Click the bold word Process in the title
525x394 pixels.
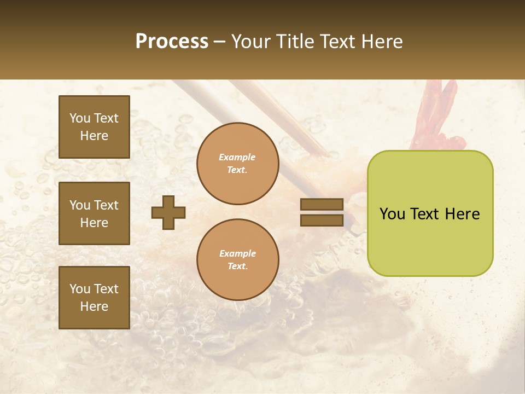[x=172, y=42]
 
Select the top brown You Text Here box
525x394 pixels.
[x=94, y=127]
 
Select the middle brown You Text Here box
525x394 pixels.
[x=94, y=213]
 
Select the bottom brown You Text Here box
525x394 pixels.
[x=94, y=297]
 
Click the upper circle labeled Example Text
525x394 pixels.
[x=237, y=164]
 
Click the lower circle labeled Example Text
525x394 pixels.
[x=237, y=260]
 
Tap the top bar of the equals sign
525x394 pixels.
[x=322, y=205]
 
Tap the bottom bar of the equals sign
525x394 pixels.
[x=322, y=221]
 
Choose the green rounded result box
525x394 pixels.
[x=430, y=213]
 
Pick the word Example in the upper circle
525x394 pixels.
[x=237, y=157]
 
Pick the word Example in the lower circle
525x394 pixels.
[x=237, y=253]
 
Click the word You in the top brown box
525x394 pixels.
[x=80, y=118]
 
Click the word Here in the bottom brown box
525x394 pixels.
[x=94, y=306]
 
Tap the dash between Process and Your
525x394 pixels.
[x=220, y=42]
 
